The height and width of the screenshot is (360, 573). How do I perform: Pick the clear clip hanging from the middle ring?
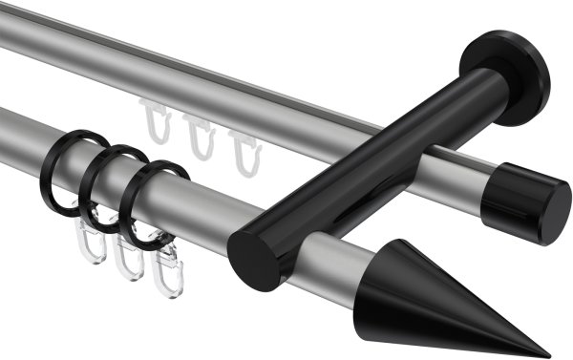click(x=128, y=260)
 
